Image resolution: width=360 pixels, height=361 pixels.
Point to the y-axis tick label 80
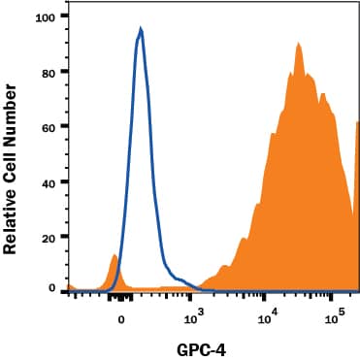48,72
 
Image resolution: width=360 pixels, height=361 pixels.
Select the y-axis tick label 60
48,126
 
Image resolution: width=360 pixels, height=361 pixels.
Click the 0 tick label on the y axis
51,289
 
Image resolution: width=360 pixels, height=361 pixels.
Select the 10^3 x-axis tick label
194,315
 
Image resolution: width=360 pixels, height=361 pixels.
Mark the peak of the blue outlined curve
141,30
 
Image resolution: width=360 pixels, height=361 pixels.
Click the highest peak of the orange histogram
299,43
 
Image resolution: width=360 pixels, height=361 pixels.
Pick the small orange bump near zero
115,256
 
